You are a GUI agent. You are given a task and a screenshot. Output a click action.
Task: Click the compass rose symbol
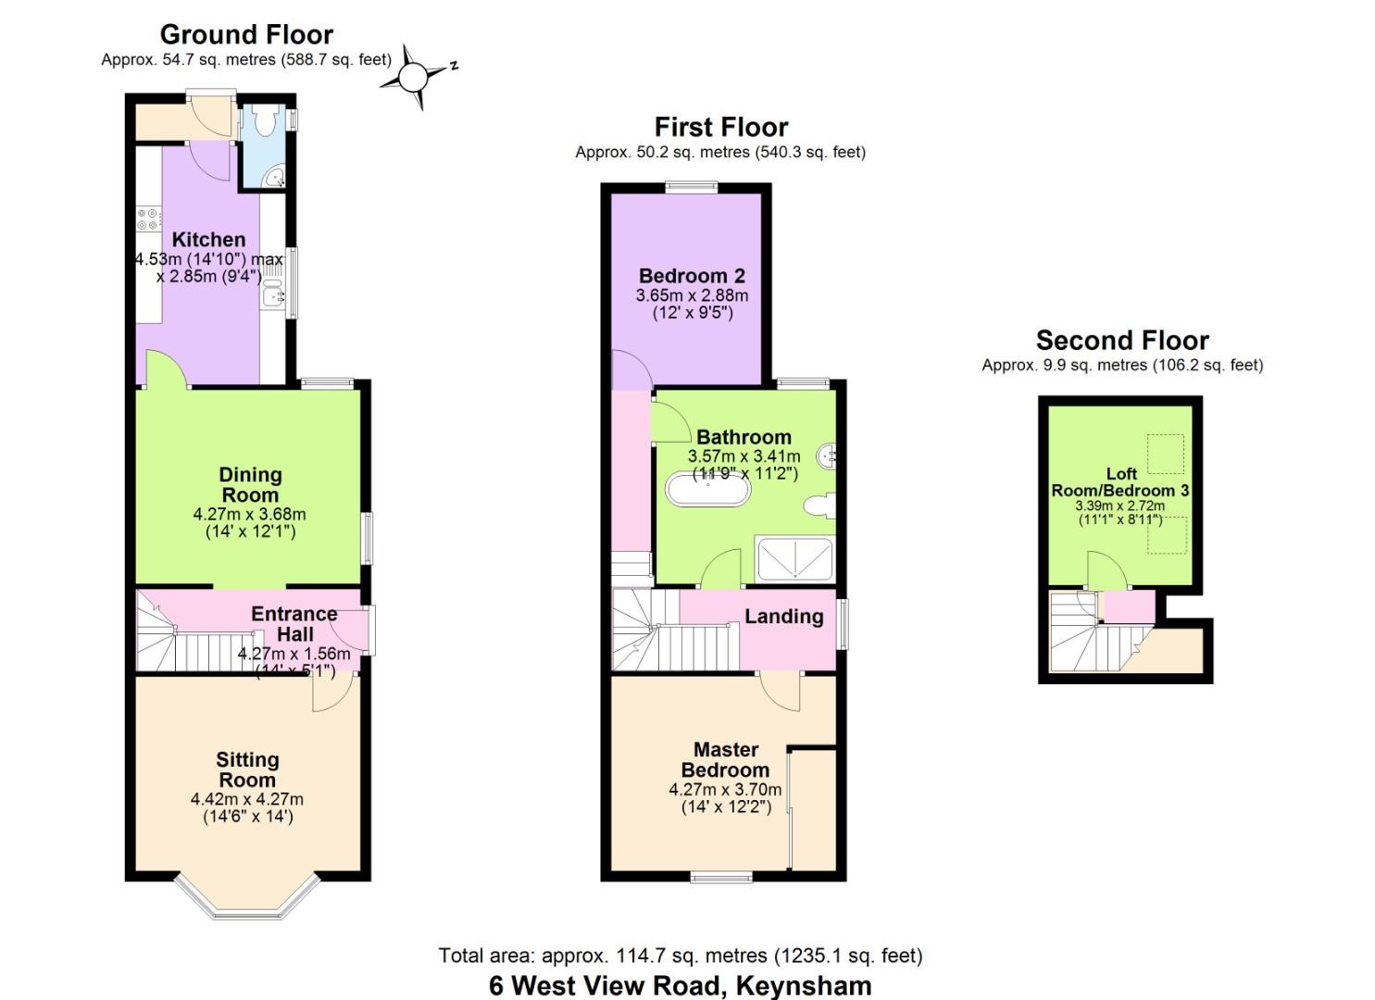pos(416,76)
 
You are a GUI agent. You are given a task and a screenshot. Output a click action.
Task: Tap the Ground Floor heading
pos(246,34)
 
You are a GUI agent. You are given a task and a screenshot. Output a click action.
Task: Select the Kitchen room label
pos(208,239)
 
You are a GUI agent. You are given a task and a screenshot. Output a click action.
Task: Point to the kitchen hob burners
pos(148,219)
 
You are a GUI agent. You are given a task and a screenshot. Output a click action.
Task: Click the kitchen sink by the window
pos(272,296)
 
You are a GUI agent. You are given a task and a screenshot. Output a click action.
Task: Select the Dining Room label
pos(250,484)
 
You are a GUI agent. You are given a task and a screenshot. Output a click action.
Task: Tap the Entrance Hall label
pos(294,623)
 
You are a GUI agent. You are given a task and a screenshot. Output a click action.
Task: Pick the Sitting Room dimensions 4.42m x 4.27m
pos(247,799)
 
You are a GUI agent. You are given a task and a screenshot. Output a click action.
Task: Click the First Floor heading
pos(720,127)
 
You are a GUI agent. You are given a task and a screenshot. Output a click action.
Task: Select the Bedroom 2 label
pos(692,275)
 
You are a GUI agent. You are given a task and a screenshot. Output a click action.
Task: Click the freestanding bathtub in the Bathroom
pos(708,489)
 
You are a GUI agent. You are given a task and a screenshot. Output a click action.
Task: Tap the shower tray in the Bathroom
pos(794,559)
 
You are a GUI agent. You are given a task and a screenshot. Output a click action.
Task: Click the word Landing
pos(783,617)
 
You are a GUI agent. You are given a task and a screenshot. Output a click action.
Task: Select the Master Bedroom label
pos(725,759)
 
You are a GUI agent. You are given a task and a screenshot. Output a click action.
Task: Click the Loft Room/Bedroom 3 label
pos(1120,482)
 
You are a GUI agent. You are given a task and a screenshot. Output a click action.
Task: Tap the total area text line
pos(680,955)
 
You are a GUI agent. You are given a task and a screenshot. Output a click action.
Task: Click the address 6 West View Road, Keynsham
pos(680,985)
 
